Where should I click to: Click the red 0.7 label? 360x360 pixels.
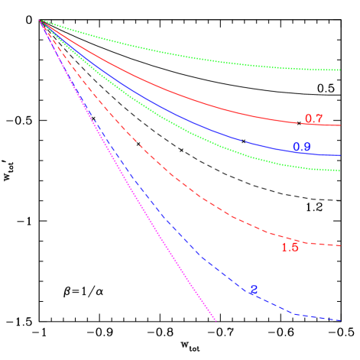(x=313, y=119)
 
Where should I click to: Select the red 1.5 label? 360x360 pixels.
(x=290, y=247)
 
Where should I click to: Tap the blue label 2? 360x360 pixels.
(x=254, y=290)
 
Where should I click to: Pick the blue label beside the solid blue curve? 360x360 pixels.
(x=301, y=147)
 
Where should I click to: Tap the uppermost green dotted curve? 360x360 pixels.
(x=191, y=55)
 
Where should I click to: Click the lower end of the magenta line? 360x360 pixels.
(x=216, y=320)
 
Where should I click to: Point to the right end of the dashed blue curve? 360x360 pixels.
(x=339, y=320)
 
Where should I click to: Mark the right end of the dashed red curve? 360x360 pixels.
(x=339, y=245)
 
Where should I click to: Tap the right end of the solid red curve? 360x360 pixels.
(x=339, y=125)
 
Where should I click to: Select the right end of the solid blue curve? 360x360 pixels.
(x=339, y=155)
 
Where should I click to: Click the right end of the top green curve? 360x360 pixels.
(x=339, y=70)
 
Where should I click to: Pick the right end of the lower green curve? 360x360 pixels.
(x=339, y=170)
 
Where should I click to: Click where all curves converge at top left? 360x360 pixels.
(x=40, y=21)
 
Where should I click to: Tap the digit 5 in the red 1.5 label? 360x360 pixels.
(x=295, y=247)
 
